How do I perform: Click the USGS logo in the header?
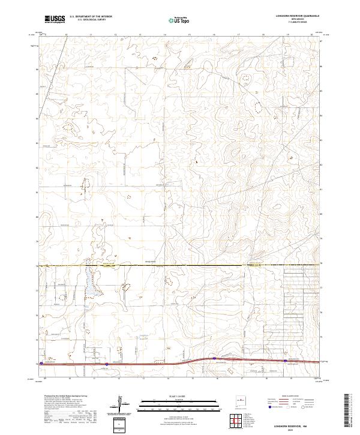55,19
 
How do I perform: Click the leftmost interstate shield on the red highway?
107,364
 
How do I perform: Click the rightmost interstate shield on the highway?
285,361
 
